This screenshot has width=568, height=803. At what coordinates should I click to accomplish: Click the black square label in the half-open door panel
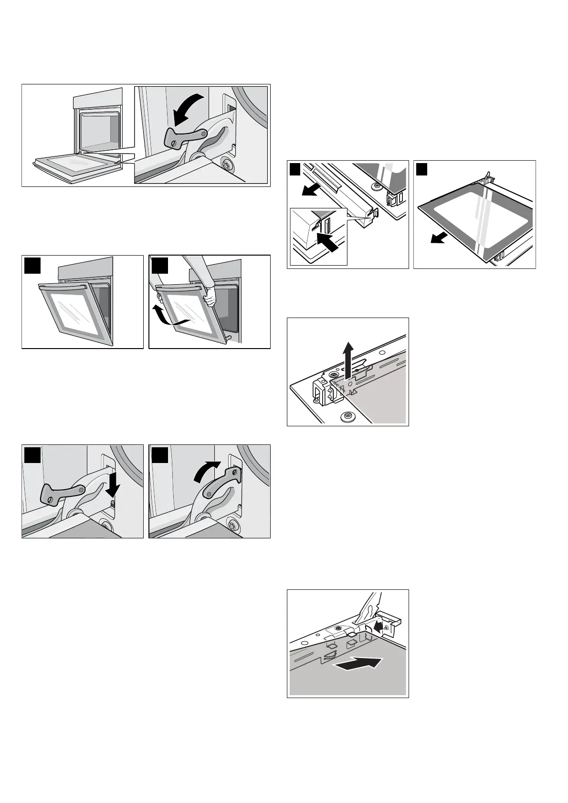pyautogui.click(x=32, y=265)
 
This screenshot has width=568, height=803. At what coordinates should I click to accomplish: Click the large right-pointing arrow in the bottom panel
pyautogui.click(x=359, y=663)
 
